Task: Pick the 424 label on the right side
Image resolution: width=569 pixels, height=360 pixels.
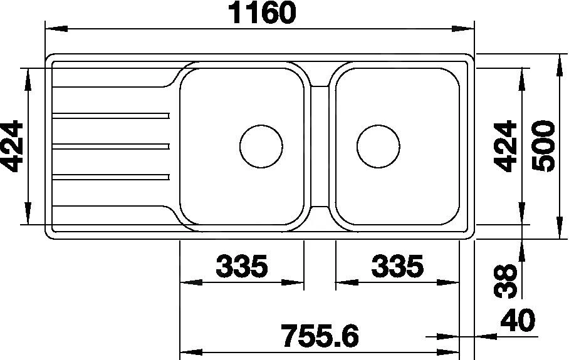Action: pos(505,146)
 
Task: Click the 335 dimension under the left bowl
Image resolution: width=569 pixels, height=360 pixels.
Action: pos(242,267)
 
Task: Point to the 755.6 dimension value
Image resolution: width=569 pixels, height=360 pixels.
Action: pos(320,336)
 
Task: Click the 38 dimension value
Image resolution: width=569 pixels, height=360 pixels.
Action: pos(505,280)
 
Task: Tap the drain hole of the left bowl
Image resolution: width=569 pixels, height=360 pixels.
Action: pos(261,147)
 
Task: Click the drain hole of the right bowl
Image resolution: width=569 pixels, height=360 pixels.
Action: pos(378,147)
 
